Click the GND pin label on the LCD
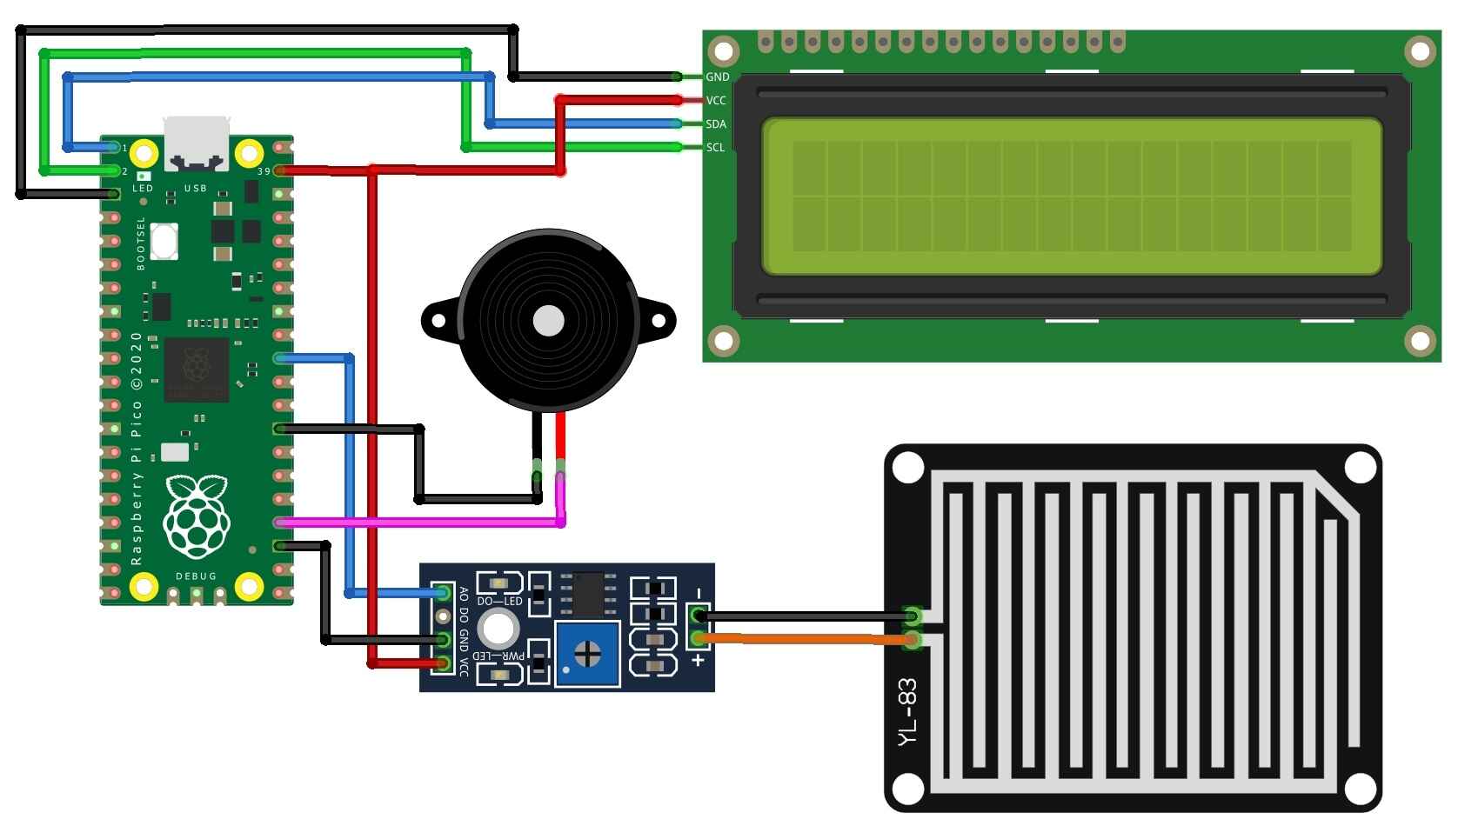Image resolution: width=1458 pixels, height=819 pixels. pyautogui.click(x=717, y=77)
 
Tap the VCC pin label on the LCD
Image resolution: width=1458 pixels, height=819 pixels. pyautogui.click(x=716, y=101)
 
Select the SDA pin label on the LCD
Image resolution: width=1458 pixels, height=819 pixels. pyautogui.click(x=716, y=124)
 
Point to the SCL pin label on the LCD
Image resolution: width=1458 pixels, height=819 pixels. pyautogui.click(x=715, y=148)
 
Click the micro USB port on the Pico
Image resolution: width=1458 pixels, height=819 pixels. pyautogui.click(x=197, y=143)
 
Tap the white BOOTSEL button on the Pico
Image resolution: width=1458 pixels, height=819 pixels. pyautogui.click(x=164, y=241)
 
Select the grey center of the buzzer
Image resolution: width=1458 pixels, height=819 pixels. pyautogui.click(x=548, y=321)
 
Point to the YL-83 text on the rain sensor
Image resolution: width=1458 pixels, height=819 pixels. pyautogui.click(x=907, y=711)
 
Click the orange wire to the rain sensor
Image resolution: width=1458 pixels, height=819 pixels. pyautogui.click(x=809, y=639)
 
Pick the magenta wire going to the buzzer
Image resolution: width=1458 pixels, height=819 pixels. pyautogui.click(x=418, y=523)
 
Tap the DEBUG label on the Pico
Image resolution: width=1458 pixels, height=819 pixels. pyautogui.click(x=196, y=576)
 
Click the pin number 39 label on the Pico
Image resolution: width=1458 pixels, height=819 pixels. pyautogui.click(x=264, y=172)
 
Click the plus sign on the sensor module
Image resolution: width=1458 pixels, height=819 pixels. pyautogui.click(x=697, y=661)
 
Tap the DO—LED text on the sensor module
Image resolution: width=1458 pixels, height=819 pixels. pyautogui.click(x=499, y=602)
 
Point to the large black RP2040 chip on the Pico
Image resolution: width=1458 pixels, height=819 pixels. pyautogui.click(x=197, y=370)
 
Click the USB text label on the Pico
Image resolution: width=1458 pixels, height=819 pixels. pyautogui.click(x=196, y=189)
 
